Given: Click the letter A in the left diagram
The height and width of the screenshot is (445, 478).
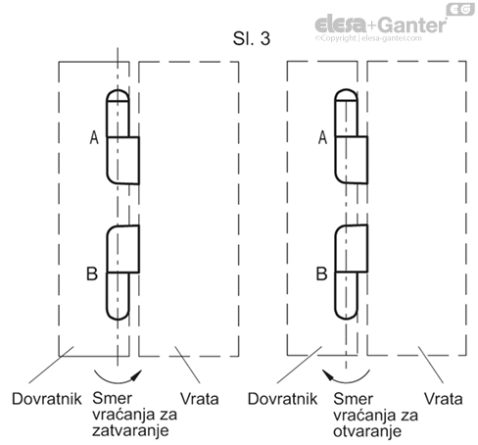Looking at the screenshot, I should (94, 140).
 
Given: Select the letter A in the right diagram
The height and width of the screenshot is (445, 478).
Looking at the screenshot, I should (322, 140).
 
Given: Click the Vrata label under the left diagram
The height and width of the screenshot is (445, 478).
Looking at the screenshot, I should (202, 400).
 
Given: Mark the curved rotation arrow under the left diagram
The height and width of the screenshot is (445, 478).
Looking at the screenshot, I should (118, 373).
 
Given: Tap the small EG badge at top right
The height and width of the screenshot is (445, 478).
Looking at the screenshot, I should (458, 9).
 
